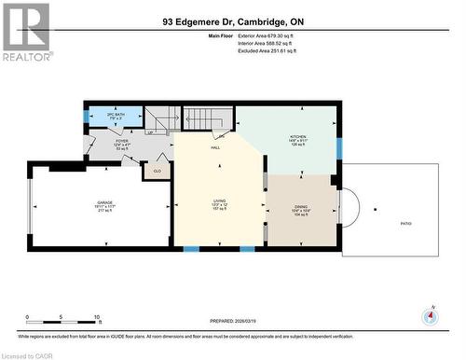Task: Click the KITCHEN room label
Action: (297, 136)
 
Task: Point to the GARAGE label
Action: (105, 201)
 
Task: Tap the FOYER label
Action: (122, 141)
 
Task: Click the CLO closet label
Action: (156, 171)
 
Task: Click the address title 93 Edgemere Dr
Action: (232, 20)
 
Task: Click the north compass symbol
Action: (430, 314)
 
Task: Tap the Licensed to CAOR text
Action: (27, 353)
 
